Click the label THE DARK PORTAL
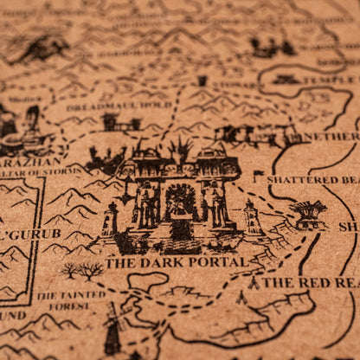pyautogui.click(x=177, y=262)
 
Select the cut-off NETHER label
pyautogui.click(x=331, y=137)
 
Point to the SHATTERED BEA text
pyautogui.click(x=312, y=180)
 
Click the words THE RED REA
pyautogui.click(x=310, y=283)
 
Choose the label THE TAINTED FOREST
pyautogui.click(x=72, y=299)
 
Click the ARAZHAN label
pyautogui.click(x=30, y=161)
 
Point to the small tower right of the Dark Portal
pyautogui.click(x=251, y=216)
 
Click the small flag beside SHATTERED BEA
pyautogui.click(x=258, y=176)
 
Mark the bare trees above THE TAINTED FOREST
pyautogui.click(x=82, y=272)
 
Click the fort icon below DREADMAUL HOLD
pyautogui.click(x=120, y=123)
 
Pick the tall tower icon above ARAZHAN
pyautogui.click(x=32, y=121)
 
